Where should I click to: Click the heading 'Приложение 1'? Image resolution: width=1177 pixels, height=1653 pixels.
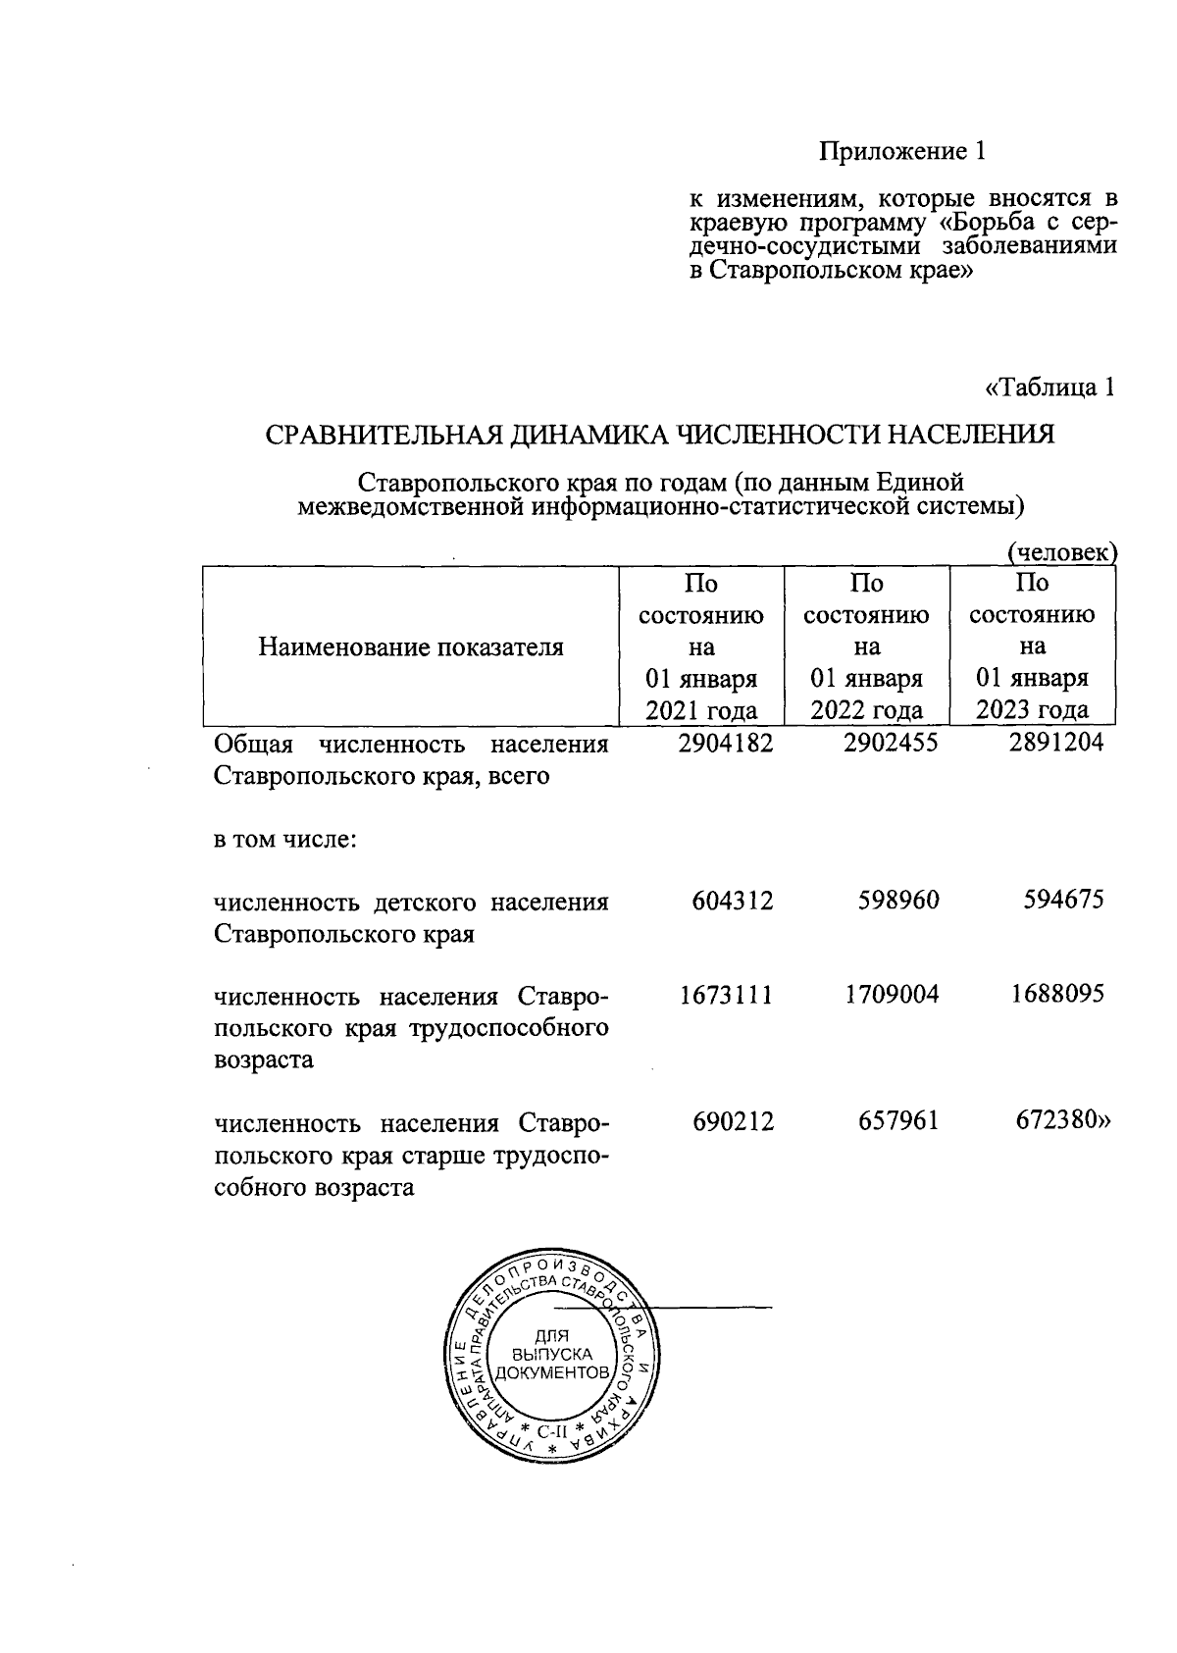[x=901, y=152]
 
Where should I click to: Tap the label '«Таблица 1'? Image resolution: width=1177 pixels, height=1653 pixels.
[x=1049, y=387]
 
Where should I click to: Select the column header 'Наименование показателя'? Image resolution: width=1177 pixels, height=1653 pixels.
[x=411, y=647]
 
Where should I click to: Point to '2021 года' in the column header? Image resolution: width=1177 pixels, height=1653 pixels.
[x=701, y=710]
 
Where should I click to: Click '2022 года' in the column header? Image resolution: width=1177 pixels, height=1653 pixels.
[x=866, y=710]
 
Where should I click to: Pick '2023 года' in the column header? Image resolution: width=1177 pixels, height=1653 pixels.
[x=1032, y=710]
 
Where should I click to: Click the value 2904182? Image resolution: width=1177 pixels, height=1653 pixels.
[x=726, y=744]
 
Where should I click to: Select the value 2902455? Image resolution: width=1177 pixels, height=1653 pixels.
[x=891, y=744]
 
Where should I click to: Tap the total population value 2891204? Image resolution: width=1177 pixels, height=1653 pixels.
[x=1056, y=744]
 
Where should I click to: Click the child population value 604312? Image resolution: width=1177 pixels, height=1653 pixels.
[x=733, y=900]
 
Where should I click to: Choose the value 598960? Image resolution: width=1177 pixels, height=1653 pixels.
[x=897, y=900]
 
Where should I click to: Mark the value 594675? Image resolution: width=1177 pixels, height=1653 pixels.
[x=1062, y=900]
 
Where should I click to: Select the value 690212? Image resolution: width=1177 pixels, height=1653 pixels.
[x=733, y=1121]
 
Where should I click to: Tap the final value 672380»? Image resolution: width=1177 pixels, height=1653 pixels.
[x=1064, y=1121]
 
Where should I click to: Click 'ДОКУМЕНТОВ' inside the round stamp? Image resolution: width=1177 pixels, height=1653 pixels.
[x=551, y=1372]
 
